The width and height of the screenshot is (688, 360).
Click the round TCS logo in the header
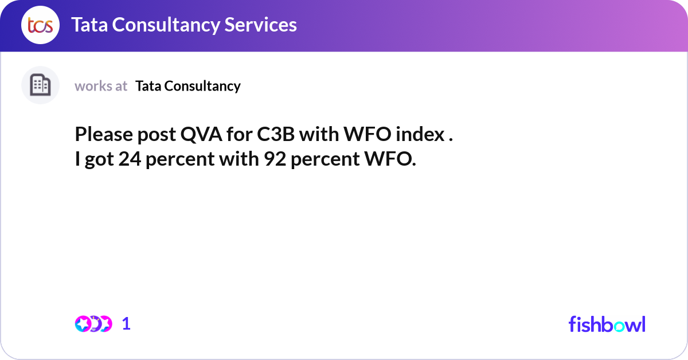[x=40, y=25]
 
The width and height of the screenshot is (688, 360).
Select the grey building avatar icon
[x=40, y=85]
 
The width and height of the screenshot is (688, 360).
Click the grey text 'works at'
[x=101, y=86]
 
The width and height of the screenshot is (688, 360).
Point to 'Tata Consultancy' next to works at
[x=188, y=86]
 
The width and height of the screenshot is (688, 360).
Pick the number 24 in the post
[x=130, y=160]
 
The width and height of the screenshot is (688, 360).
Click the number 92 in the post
[x=275, y=160]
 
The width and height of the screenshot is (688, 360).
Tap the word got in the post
[x=99, y=160]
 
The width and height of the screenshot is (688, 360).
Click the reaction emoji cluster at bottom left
[x=93, y=324]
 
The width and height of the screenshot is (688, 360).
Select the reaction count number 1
[x=127, y=324]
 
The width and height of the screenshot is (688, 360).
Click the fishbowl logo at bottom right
[x=607, y=324]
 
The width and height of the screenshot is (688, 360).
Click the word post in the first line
[x=155, y=135]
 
